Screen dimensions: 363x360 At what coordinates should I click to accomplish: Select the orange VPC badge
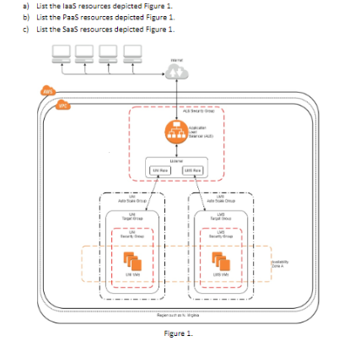62,105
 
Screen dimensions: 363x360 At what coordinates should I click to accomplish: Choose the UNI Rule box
162,170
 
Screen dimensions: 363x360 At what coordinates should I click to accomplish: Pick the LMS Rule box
193,170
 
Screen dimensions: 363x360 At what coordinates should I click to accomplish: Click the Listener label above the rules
177,159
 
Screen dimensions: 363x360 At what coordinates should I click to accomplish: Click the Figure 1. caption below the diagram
178,333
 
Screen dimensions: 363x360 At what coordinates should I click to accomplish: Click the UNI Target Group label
129,215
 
